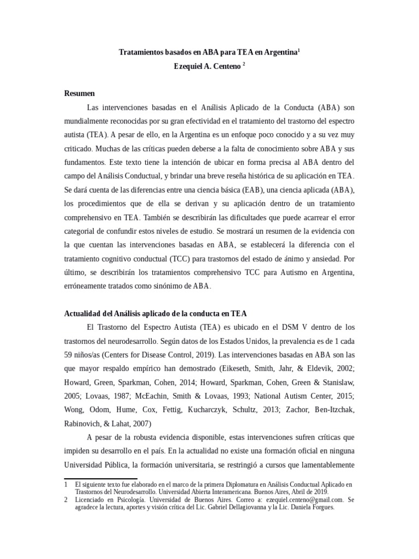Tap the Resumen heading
[x=80, y=93]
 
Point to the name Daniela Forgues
[x=313, y=507]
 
